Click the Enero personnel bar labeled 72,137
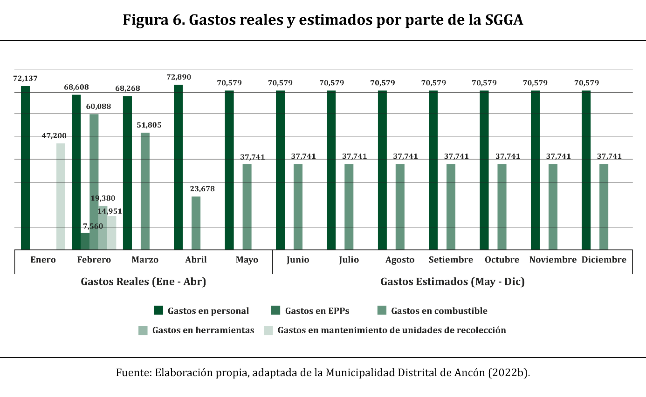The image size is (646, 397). [25, 168]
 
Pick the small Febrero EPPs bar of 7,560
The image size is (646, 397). [85, 241]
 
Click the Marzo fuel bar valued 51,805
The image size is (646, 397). [145, 191]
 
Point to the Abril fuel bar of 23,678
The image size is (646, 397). [196, 223]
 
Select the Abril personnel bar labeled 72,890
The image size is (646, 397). [178, 167]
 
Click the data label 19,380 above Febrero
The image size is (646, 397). [103, 199]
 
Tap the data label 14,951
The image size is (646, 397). [110, 211]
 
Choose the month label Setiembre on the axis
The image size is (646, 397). [451, 260]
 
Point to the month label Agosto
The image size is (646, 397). [400, 260]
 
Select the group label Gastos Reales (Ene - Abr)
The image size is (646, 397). [143, 282]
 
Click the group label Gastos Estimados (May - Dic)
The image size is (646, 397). [452, 282]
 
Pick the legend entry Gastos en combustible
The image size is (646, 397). [439, 310]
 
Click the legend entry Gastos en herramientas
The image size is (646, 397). [203, 330]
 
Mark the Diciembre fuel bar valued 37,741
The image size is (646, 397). [604, 207]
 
